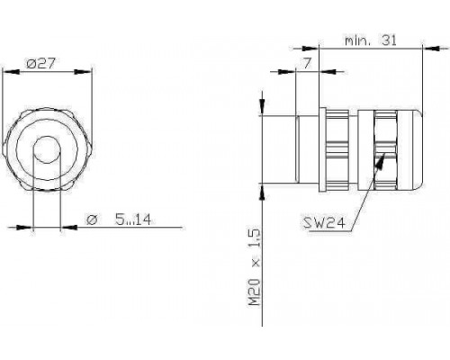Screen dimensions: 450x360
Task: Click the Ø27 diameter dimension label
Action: tap(40, 64)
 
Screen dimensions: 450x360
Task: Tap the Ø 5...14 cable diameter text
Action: tap(119, 220)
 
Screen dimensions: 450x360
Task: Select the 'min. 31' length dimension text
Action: tap(371, 40)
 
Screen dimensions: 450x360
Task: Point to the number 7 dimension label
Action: tap(307, 63)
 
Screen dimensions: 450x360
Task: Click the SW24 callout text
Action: tap(324, 222)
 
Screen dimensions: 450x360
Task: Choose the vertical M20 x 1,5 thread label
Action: tap(255, 267)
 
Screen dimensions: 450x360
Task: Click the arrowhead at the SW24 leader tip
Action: tap(381, 160)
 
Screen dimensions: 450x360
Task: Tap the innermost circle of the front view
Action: tap(47, 149)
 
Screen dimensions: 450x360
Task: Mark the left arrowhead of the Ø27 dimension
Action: tap(12, 72)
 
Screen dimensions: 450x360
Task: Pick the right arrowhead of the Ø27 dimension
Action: tap(83, 72)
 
